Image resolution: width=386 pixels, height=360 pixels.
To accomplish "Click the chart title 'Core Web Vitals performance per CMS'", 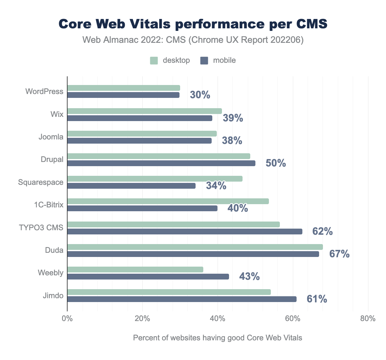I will [x=193, y=24].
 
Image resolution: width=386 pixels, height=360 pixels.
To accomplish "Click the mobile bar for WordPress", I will [x=123, y=95].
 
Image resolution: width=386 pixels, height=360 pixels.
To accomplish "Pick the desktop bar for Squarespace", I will [x=155, y=179].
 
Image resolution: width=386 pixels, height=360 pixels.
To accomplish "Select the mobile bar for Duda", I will [x=193, y=254].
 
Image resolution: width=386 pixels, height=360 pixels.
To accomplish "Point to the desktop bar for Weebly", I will [x=135, y=270].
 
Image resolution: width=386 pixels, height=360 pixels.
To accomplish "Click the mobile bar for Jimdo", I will [x=182, y=299].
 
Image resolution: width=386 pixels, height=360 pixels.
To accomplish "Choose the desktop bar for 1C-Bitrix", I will [x=168, y=201].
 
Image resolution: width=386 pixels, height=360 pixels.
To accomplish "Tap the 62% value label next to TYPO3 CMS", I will [x=322, y=231].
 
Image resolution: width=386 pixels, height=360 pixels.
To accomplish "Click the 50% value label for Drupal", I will [x=276, y=163].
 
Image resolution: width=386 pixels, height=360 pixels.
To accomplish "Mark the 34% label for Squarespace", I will [x=216, y=186].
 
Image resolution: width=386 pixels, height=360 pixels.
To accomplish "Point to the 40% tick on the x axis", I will [x=217, y=319].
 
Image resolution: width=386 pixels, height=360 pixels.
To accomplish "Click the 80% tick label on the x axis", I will [x=368, y=319].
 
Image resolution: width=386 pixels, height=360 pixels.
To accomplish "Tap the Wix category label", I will [x=57, y=114].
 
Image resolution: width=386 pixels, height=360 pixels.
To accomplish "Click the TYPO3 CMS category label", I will [x=41, y=228].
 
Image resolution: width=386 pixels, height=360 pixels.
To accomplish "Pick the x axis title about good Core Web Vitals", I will [x=217, y=338].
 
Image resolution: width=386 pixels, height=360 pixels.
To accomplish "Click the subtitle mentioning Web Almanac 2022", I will [x=193, y=40].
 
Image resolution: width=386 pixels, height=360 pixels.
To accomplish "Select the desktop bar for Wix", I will [x=144, y=111].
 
